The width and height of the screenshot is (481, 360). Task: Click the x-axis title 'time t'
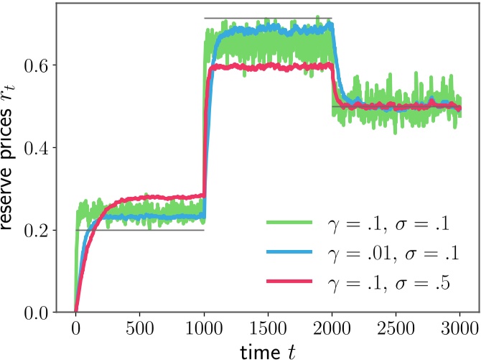click(x=268, y=349)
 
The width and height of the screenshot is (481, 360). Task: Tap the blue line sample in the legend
click(x=291, y=254)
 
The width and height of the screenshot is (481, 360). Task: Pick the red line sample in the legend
click(x=291, y=284)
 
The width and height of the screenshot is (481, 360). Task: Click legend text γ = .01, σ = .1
click(x=386, y=254)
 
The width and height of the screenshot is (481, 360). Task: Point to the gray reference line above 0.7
click(x=268, y=18)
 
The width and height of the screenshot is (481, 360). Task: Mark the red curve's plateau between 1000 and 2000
click(x=268, y=67)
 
